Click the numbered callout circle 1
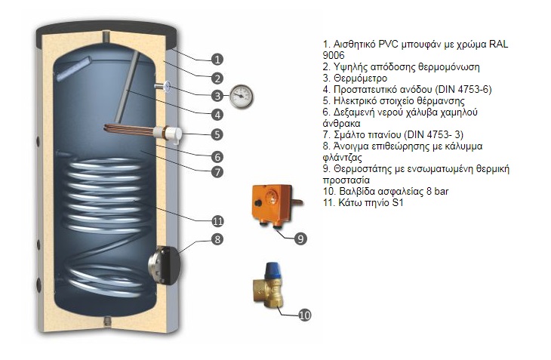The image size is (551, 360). (217, 59)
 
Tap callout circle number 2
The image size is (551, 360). (217, 77)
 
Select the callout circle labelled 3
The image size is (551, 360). (217, 96)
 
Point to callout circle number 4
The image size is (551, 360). (217, 115)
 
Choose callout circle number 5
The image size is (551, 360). (217, 135)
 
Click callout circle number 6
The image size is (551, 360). (217, 157)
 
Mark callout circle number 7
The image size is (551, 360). (217, 172)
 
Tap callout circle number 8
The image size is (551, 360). (217, 240)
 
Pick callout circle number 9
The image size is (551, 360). (300, 238)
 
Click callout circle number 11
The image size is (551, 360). (217, 221)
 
